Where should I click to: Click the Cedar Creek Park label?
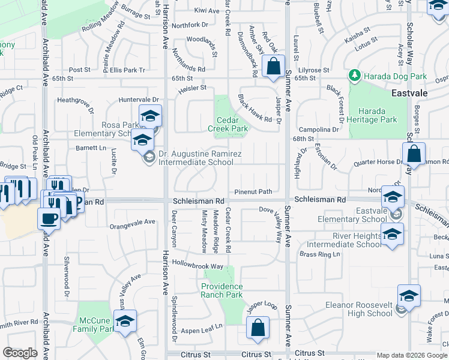(228, 124)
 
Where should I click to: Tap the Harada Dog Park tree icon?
(355, 76)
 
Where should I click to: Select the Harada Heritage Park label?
(377, 116)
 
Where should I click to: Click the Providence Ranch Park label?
(222, 290)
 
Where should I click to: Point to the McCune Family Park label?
(94, 325)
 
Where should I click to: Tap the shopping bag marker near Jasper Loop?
(258, 328)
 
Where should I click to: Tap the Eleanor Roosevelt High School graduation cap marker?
(409, 296)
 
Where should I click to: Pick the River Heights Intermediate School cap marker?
(392, 235)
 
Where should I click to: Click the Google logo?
(20, 353)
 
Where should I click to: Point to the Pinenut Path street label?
(253, 192)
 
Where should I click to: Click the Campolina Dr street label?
(319, 129)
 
